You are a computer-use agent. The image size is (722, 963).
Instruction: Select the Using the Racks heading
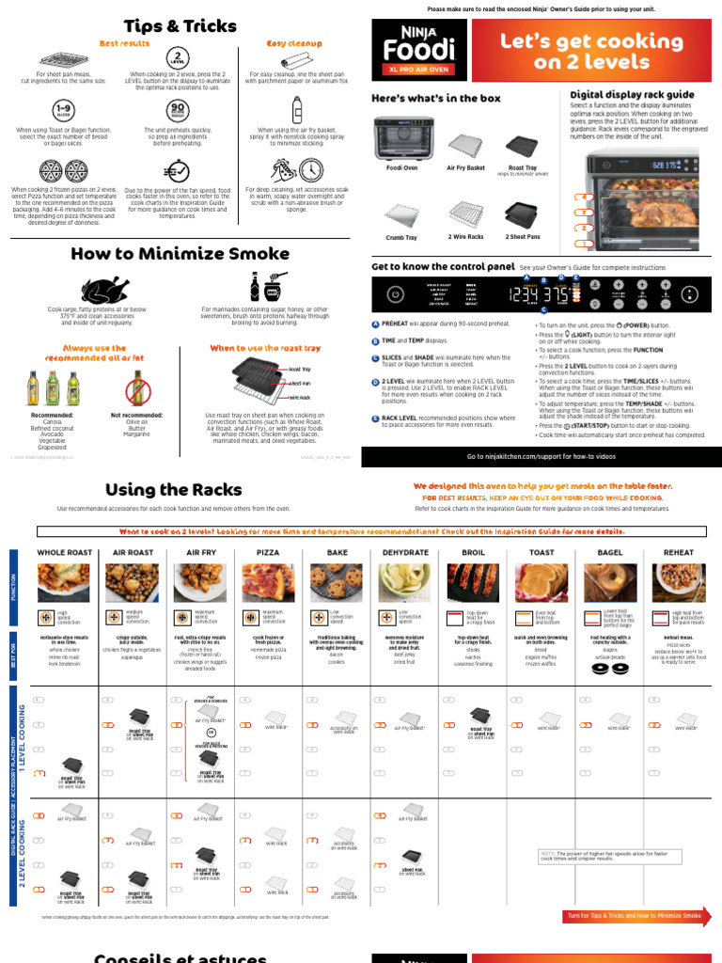tap(173, 489)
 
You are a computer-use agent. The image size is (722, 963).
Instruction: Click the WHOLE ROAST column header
tap(65, 553)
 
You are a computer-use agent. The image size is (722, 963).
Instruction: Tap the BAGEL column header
tap(609, 553)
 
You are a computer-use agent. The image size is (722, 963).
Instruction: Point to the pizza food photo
tap(269, 583)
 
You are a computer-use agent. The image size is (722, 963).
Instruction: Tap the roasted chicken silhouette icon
tap(98, 287)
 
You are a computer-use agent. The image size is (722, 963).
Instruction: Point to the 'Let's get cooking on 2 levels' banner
tap(590, 51)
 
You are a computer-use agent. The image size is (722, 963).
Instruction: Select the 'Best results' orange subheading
tap(125, 43)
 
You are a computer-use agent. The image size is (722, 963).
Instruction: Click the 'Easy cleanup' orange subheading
tap(293, 43)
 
